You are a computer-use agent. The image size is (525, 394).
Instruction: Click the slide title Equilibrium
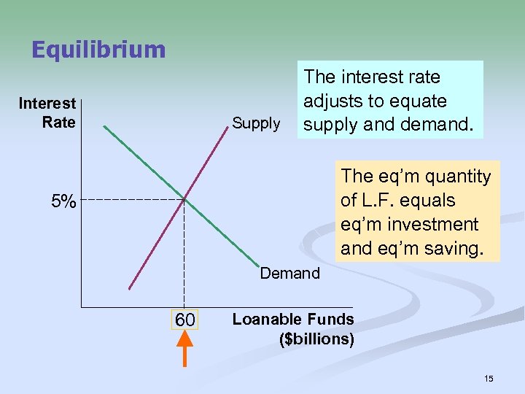98,50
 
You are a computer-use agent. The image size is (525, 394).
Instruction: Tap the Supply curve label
256,123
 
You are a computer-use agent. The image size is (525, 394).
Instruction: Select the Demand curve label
289,274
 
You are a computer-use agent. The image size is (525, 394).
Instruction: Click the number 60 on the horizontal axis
184,320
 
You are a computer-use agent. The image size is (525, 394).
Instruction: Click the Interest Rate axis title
47,112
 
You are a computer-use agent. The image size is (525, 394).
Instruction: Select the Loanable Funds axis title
292,320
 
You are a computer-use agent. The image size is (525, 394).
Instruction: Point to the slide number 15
489,378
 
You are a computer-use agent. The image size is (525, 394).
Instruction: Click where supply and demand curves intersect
184,199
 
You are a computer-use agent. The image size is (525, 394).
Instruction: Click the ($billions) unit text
317,340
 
